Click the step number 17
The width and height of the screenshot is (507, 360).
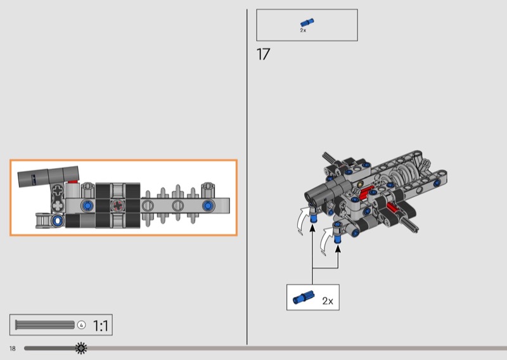(263, 55)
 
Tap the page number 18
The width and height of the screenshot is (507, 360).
(13, 349)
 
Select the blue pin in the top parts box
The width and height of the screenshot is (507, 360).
(307, 22)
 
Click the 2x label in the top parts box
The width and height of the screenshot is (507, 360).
(303, 30)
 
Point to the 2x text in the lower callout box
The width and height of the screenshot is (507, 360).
(328, 301)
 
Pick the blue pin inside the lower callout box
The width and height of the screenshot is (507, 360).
(304, 297)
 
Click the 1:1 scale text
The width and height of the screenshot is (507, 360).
(101, 326)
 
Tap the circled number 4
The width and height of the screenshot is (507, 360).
(82, 325)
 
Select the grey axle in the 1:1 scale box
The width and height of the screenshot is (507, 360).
(45, 325)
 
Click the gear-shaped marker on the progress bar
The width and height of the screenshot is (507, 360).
(81, 348)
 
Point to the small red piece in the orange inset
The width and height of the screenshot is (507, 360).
(73, 182)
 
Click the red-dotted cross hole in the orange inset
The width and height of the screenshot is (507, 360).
(117, 205)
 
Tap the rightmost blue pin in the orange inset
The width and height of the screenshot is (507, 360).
(209, 205)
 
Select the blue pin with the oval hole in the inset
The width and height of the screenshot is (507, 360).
(58, 221)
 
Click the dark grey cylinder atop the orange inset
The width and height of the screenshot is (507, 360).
(48, 177)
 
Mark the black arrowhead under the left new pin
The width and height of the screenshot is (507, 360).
(312, 228)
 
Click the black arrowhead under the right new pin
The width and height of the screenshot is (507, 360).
(338, 248)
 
